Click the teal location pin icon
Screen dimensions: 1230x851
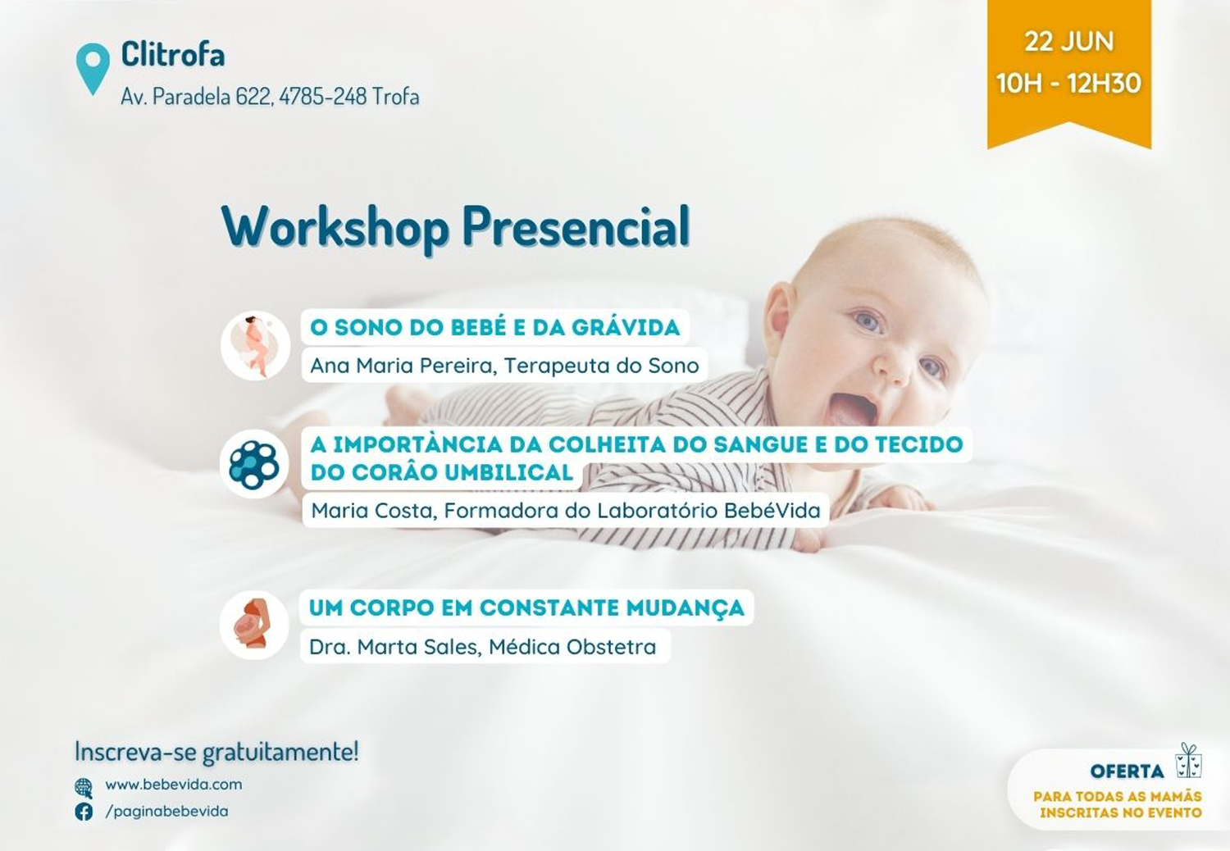93,68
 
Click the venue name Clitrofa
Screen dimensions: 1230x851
173,54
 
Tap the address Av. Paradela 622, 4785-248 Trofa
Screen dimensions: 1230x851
270,97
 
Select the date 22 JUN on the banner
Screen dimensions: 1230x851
1068,42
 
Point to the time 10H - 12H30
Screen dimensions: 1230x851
1068,83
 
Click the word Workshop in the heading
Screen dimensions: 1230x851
335,227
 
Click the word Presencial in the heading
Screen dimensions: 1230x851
576,226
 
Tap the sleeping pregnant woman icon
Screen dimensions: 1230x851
255,345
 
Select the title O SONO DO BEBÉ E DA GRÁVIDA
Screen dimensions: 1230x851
494,327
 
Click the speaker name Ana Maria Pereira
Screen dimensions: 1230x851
403,365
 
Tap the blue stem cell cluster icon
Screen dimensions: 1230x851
253,464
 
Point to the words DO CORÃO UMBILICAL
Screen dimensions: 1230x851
441,472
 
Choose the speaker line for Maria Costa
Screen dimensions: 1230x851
566,511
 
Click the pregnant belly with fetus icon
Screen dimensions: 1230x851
253,625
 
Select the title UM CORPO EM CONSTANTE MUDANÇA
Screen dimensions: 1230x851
526,608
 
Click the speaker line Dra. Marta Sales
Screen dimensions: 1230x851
483,647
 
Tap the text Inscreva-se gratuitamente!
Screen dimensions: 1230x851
216,752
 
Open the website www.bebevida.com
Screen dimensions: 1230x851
174,785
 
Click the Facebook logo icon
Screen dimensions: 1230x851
84,812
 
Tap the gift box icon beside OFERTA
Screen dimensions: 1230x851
1189,761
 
